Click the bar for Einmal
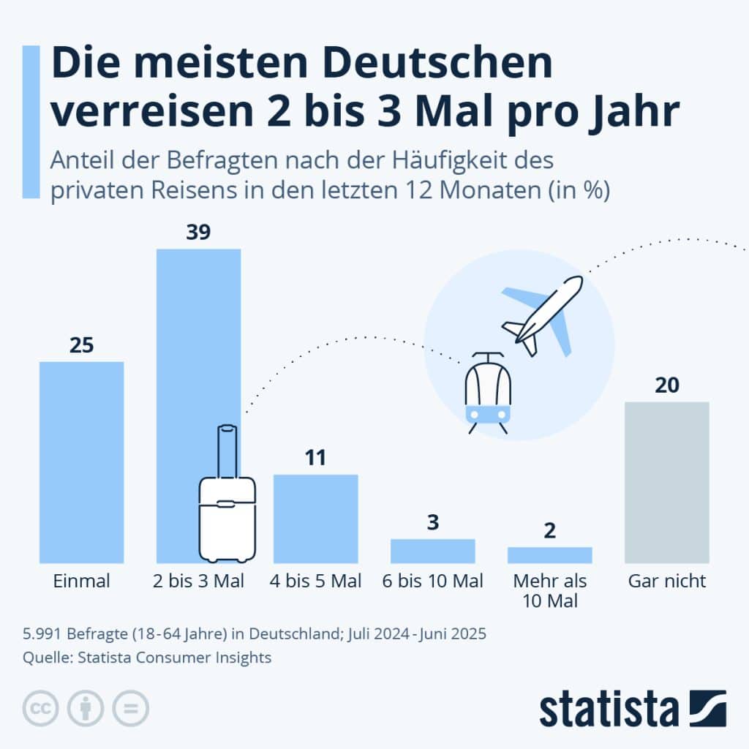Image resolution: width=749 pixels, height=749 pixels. coord(81,462)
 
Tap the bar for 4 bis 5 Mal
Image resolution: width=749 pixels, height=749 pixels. coord(315,518)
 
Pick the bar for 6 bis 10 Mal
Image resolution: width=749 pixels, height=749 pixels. coord(432,550)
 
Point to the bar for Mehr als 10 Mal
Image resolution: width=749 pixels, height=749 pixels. coord(549,554)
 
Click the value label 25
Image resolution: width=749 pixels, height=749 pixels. coord(81,345)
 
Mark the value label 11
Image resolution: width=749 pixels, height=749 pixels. coord(315,458)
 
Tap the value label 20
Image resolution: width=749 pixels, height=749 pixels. coord(666,385)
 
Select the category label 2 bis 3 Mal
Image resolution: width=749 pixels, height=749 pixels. coord(198,582)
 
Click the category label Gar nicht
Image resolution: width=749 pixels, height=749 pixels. coord(666,582)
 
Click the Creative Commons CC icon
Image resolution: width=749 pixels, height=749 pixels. coord(42,708)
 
